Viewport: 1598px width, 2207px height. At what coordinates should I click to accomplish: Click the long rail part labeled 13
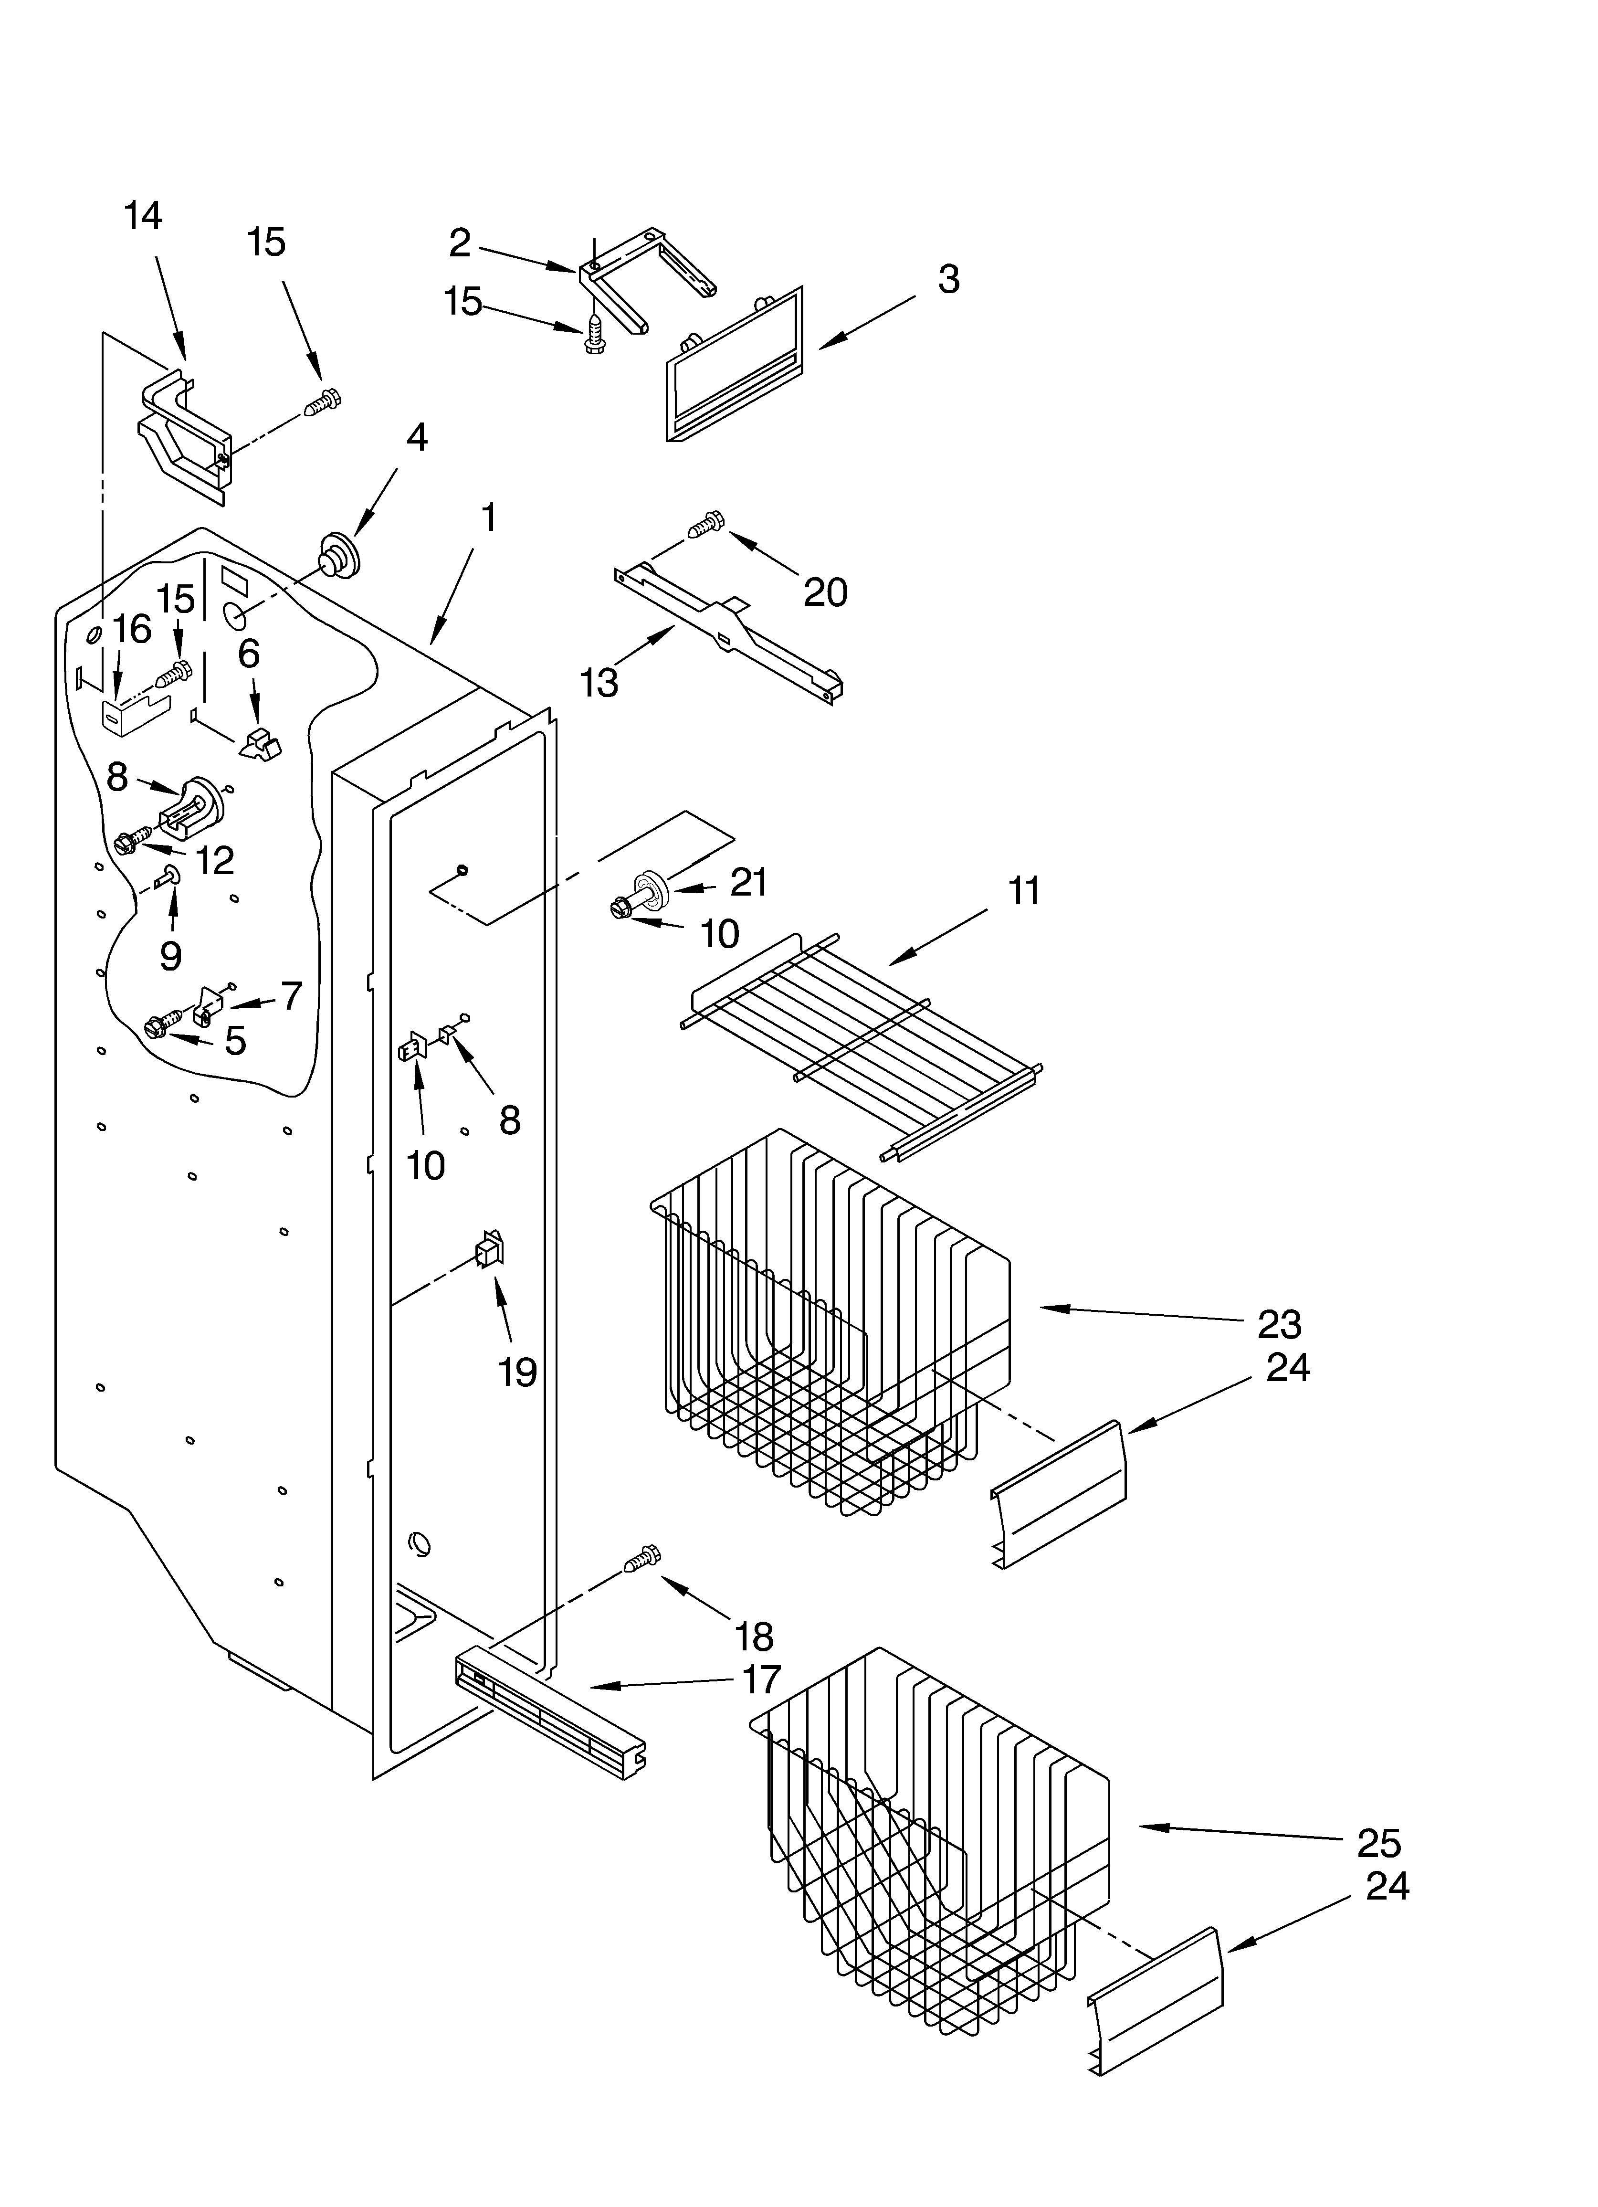click(730, 633)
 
